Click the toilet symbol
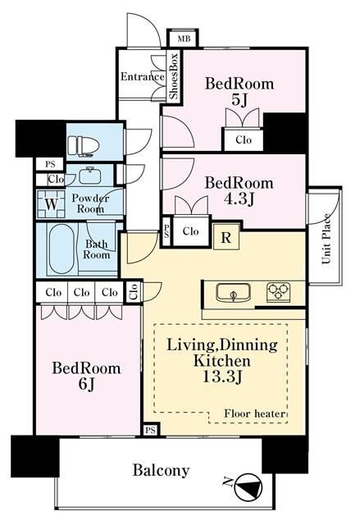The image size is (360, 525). click(84, 146)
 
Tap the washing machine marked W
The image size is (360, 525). click(51, 204)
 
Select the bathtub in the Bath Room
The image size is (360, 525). click(62, 249)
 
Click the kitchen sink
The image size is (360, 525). click(233, 292)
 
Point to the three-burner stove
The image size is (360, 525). click(278, 292)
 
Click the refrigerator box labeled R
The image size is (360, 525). click(226, 237)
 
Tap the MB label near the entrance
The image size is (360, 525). click(184, 39)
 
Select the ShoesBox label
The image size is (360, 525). click(174, 75)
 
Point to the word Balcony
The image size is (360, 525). click(162, 470)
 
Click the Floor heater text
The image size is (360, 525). click(254, 413)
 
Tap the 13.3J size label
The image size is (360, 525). click(221, 377)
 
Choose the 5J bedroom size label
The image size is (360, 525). click(239, 99)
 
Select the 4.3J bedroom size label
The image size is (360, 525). click(239, 199)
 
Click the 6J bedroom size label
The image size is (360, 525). click(86, 384)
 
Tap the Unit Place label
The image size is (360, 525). click(326, 238)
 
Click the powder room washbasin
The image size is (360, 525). click(90, 175)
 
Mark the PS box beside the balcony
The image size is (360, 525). click(151, 430)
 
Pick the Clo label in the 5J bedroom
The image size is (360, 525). click(244, 139)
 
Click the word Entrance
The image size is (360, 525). click(143, 76)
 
